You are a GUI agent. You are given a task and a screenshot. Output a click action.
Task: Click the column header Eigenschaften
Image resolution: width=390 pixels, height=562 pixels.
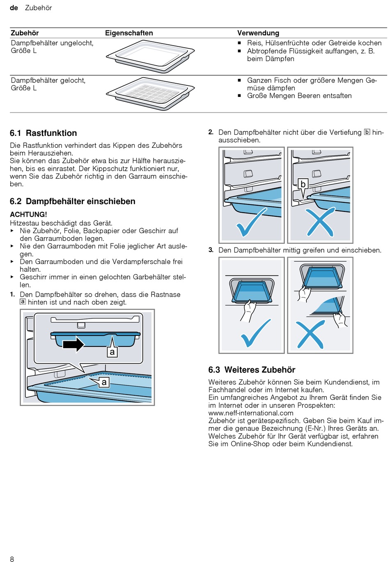click(129, 33)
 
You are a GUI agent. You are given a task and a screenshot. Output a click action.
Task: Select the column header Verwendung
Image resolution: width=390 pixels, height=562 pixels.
click(258, 33)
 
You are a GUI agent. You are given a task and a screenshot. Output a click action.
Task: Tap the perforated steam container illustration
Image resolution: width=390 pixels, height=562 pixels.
click(150, 93)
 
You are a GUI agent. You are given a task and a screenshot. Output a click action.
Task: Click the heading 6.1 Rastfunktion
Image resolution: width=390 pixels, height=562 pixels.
click(43, 133)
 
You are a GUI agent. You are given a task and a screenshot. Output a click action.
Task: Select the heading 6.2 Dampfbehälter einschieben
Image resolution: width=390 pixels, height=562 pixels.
click(72, 202)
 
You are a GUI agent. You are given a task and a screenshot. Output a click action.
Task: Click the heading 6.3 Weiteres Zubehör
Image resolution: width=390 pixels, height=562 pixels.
click(252, 370)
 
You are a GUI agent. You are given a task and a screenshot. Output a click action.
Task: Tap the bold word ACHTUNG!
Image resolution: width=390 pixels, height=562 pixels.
click(28, 214)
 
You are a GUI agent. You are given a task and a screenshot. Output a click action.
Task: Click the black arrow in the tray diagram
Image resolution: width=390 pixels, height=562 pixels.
click(73, 344)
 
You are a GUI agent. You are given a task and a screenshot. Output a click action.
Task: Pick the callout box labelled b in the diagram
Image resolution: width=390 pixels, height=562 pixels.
click(303, 184)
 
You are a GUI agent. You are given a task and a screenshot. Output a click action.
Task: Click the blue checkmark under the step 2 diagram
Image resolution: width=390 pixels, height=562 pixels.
click(251, 222)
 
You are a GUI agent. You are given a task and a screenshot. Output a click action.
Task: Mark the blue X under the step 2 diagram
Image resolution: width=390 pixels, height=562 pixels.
click(320, 222)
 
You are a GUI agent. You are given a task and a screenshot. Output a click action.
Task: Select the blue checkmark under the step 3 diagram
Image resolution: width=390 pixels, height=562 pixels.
click(255, 333)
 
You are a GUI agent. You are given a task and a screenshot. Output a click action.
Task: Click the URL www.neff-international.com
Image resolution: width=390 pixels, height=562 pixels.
click(251, 413)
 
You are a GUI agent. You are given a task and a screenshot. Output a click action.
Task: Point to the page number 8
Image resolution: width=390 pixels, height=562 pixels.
click(12, 559)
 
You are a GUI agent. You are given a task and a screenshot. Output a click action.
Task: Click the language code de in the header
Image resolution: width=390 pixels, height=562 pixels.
click(14, 8)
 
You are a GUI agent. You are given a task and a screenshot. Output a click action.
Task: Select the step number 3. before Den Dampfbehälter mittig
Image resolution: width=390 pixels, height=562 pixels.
click(211, 250)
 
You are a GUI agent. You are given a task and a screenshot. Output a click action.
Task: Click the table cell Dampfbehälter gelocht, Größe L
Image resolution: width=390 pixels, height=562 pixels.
click(48, 84)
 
